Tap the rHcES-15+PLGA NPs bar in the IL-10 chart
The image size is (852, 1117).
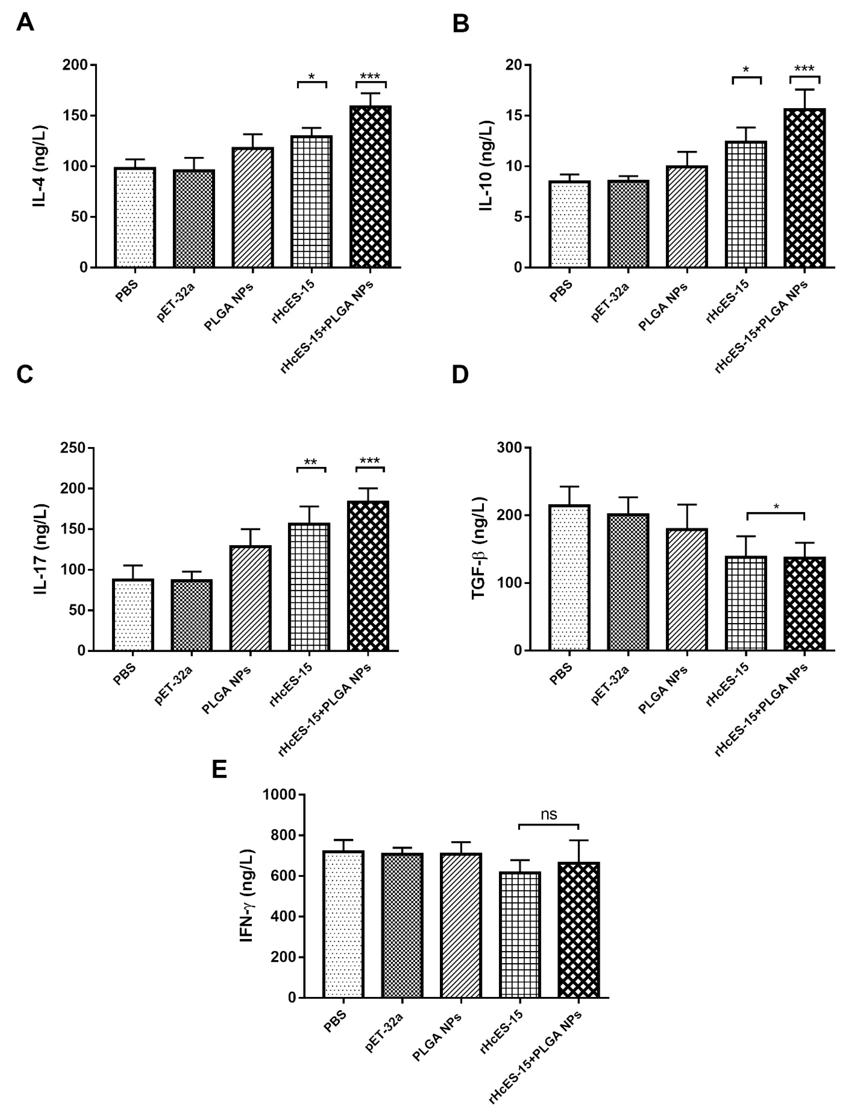804,188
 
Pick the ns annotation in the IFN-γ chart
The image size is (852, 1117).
549,814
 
